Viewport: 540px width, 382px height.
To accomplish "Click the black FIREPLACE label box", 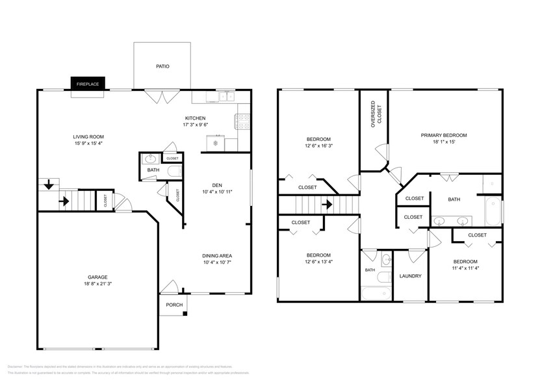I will tap(88, 84).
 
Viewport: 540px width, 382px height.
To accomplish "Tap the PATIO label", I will tap(162, 66).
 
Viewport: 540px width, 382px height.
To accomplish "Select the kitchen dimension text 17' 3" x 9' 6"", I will tap(195, 124).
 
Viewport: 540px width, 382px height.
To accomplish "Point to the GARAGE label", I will tap(97, 277).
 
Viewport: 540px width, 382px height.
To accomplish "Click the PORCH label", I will tap(174, 305).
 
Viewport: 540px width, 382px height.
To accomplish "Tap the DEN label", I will tap(208, 184).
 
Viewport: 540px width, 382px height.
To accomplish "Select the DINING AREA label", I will tap(216, 255).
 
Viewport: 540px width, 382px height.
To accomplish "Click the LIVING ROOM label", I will tap(88, 136).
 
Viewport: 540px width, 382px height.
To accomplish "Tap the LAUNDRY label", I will tap(410, 276).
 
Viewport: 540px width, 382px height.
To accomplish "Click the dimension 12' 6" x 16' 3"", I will tap(318, 146).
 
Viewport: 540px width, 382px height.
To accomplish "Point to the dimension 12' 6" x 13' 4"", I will tap(318, 262).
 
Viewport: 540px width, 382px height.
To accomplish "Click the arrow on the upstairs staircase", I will tap(328, 205).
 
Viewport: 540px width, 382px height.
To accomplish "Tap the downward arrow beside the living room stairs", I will tap(49, 186).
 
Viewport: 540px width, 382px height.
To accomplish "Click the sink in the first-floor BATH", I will tap(151, 158).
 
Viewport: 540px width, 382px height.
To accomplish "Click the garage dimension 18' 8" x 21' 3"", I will tap(97, 284).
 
